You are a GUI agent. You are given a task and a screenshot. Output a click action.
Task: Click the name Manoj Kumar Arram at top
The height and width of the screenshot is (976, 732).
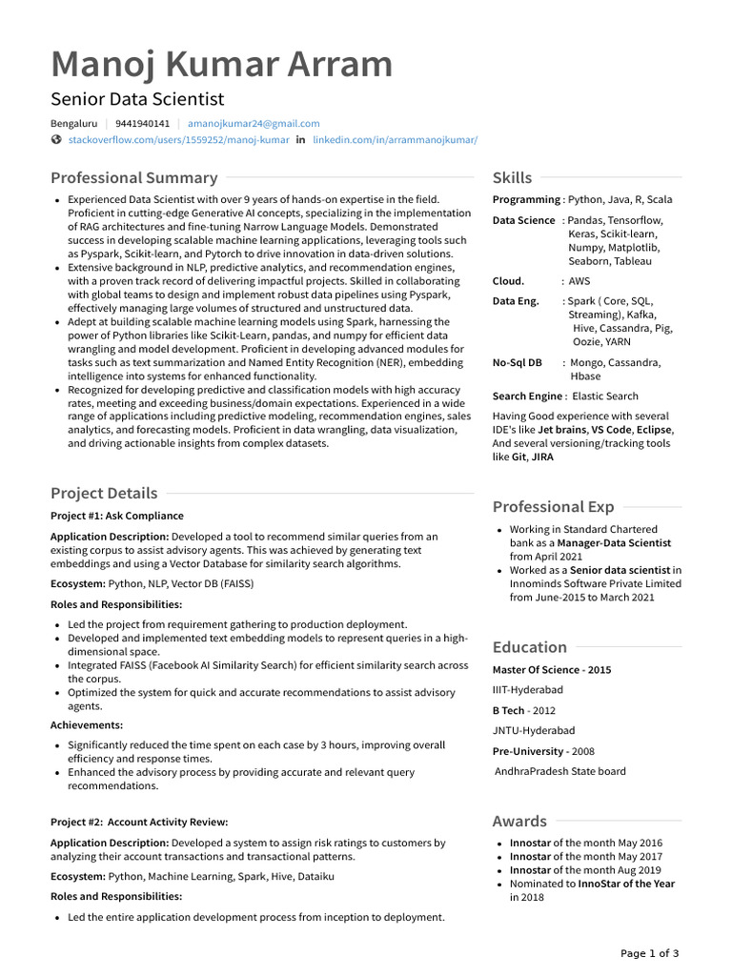pyautogui.click(x=221, y=64)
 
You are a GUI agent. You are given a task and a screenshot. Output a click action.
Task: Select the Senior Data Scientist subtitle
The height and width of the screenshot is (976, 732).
pyautogui.click(x=137, y=99)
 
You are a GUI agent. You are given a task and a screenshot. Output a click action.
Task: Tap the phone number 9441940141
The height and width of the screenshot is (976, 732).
pyautogui.click(x=142, y=124)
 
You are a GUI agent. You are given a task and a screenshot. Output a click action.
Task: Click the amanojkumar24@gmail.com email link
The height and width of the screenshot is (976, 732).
pyautogui.click(x=254, y=124)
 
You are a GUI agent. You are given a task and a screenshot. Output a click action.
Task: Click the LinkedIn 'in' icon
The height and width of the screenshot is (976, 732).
pyautogui.click(x=301, y=140)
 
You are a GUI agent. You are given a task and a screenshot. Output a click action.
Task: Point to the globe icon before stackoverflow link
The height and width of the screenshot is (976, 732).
pyautogui.click(x=56, y=140)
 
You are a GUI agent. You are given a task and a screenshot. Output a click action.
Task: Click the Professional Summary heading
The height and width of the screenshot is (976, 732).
pyautogui.click(x=133, y=177)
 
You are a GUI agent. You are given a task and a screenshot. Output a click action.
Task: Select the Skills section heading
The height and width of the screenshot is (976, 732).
pyautogui.click(x=512, y=177)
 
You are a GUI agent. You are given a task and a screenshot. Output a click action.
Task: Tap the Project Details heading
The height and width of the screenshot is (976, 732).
pyautogui.click(x=104, y=493)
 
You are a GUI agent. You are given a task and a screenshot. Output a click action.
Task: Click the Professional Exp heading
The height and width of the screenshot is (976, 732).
pyautogui.click(x=553, y=506)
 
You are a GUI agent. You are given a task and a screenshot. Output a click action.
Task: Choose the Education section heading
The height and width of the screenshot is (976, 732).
pyautogui.click(x=529, y=646)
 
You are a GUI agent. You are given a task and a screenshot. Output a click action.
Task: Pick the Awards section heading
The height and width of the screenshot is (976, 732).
pyautogui.click(x=519, y=821)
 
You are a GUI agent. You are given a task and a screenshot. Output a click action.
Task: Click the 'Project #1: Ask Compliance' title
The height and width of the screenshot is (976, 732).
pyautogui.click(x=117, y=516)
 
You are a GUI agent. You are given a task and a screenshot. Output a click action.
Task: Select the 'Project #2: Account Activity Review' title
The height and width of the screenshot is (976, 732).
pyautogui.click(x=139, y=822)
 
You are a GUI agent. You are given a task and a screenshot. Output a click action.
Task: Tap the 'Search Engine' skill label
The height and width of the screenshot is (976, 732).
pyautogui.click(x=527, y=396)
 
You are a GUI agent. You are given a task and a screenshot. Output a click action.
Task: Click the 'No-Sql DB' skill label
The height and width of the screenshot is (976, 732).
pyautogui.click(x=517, y=363)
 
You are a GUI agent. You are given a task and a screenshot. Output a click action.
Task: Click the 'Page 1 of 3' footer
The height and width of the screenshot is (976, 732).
pyautogui.click(x=650, y=953)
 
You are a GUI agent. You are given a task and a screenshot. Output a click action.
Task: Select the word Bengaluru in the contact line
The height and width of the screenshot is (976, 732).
pyautogui.click(x=73, y=124)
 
